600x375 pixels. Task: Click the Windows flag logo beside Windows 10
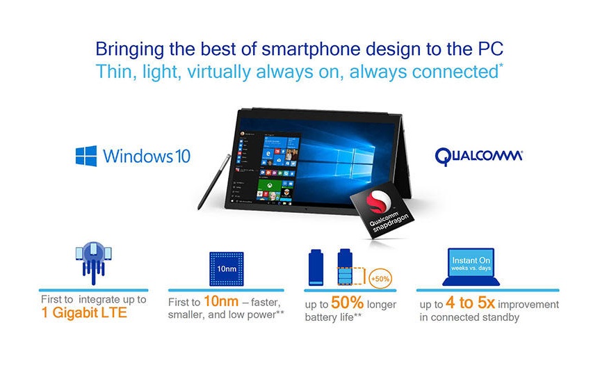pos(86,156)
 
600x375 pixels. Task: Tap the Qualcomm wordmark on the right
pos(479,157)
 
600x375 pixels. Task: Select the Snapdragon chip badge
pos(382,209)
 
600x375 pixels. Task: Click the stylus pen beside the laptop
pos(214,182)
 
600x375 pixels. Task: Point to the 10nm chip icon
pos(227,269)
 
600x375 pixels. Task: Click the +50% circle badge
pos(380,278)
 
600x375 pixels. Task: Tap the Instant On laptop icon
pos(471,267)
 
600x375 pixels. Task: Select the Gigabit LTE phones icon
pos(93,262)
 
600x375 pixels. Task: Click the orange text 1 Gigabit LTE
pos(84,313)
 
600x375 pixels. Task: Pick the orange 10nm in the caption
pos(221,301)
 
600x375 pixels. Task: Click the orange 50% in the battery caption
pos(347,303)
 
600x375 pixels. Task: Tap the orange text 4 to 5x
pos(470,303)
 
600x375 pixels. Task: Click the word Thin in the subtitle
pos(113,72)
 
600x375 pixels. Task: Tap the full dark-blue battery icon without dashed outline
pos(316,267)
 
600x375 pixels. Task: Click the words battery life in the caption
pos(329,317)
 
